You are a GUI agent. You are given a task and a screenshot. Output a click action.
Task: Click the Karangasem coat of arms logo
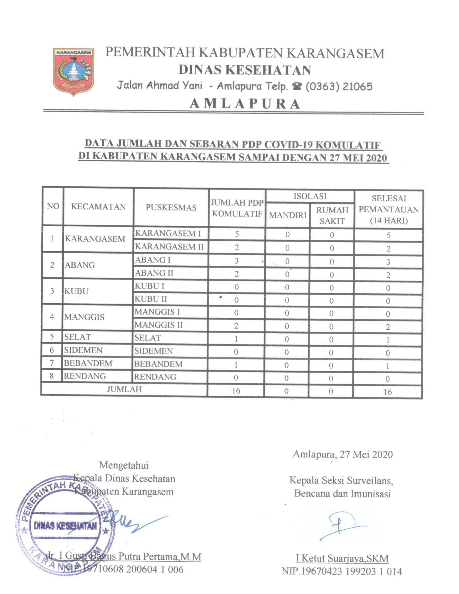coord(74,72)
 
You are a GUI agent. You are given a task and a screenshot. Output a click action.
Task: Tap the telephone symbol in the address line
coord(296,87)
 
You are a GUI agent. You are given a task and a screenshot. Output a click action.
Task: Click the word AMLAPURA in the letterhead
coord(245,104)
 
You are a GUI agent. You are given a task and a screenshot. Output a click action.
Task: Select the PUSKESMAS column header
coord(171,208)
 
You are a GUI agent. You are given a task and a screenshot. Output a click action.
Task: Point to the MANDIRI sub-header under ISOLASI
coord(287,215)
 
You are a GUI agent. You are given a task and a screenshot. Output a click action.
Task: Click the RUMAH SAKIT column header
coord(332,215)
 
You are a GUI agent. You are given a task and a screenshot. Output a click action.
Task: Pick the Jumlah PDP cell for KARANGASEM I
coord(237,234)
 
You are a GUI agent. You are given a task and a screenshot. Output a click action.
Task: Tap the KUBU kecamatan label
coord(77,291)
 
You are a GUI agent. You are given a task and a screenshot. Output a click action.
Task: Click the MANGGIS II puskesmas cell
coord(158,325)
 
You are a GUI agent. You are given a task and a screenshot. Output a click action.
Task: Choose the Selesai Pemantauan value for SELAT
coord(388,340)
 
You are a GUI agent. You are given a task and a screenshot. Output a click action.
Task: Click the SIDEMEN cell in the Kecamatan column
coord(83,350)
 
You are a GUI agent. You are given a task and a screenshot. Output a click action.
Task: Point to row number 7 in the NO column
coord(52,363)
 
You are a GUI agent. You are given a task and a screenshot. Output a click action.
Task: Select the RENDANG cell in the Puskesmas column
coord(155,377)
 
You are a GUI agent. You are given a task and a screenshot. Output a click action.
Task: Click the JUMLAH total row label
coord(124,389)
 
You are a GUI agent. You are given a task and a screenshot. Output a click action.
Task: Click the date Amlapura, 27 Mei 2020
coord(343,454)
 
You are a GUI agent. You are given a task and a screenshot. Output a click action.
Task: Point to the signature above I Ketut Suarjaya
coord(341,526)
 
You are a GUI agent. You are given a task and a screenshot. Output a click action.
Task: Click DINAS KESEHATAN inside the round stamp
coord(65,526)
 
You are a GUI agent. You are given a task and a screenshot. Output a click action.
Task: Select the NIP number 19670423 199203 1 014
coord(342,572)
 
